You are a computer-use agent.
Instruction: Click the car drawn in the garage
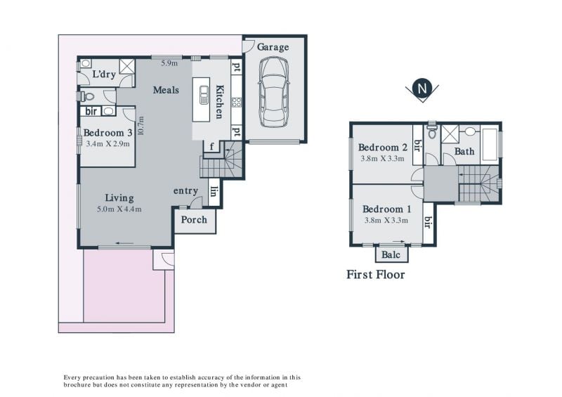(273, 92)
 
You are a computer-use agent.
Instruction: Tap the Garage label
(273, 47)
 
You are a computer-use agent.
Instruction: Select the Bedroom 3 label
(107, 133)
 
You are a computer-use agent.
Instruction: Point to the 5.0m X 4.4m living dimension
(119, 209)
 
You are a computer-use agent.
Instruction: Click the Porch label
(194, 220)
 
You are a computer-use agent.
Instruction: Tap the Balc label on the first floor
(391, 255)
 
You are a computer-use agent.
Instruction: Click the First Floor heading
(376, 275)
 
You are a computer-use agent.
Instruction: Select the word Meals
(166, 90)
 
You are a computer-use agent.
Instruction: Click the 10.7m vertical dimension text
(140, 126)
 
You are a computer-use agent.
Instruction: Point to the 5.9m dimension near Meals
(169, 63)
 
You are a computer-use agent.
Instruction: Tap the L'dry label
(104, 74)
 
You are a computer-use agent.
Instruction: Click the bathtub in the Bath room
(490, 144)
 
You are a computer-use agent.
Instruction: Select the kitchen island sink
(204, 95)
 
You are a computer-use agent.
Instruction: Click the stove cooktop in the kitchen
(237, 102)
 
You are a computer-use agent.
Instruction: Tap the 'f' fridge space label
(211, 146)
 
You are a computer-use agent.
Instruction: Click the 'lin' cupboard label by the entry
(214, 192)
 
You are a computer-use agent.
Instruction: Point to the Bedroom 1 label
(387, 209)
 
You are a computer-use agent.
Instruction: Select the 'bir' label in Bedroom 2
(417, 145)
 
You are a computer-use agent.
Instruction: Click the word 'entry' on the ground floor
(185, 191)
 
